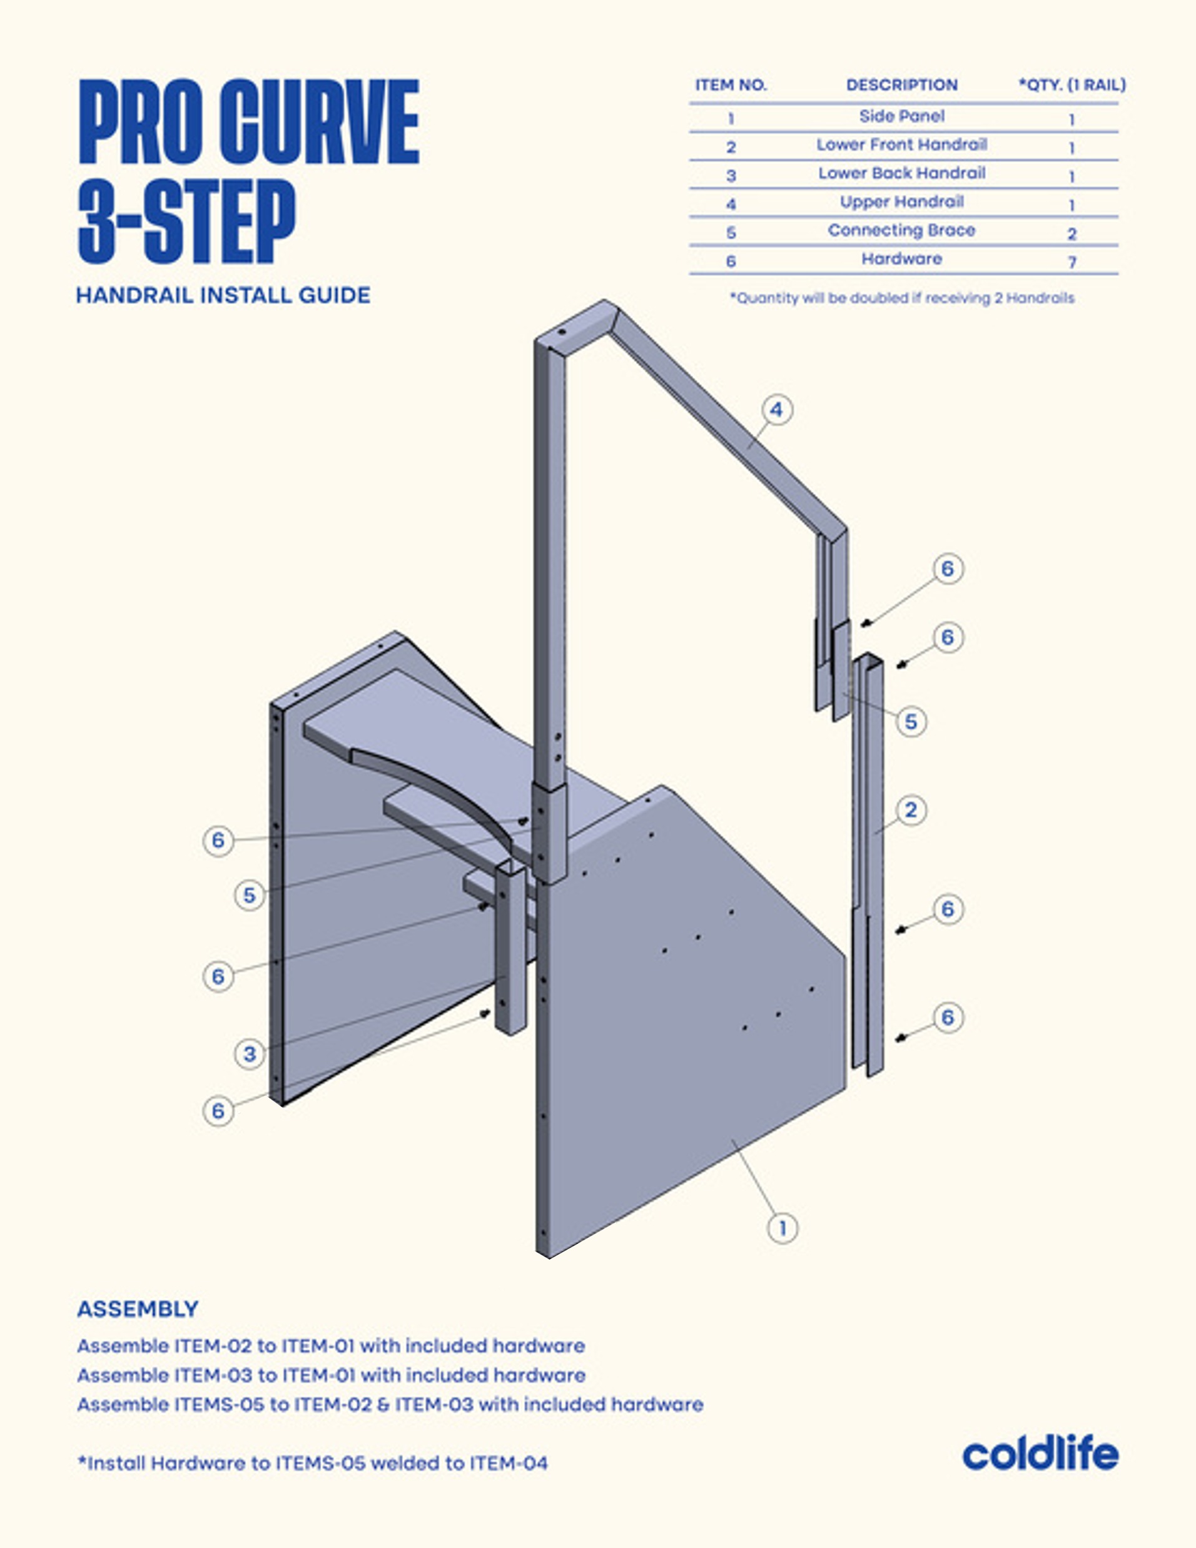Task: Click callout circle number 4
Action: pyautogui.click(x=776, y=410)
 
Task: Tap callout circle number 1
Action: pyautogui.click(x=783, y=1228)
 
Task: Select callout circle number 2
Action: pyautogui.click(x=911, y=810)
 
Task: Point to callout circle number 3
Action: pyautogui.click(x=250, y=1054)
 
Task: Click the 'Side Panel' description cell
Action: pyautogui.click(x=901, y=116)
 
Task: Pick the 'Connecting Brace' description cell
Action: pyautogui.click(x=901, y=230)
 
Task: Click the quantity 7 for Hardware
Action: pyautogui.click(x=1072, y=262)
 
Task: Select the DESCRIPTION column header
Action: pyautogui.click(x=901, y=85)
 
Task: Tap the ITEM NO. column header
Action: pyautogui.click(x=731, y=85)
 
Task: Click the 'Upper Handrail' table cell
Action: pyautogui.click(x=901, y=202)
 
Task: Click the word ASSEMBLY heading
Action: pyautogui.click(x=138, y=1309)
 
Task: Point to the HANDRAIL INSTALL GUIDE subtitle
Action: pyautogui.click(x=223, y=296)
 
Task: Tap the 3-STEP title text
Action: pyautogui.click(x=186, y=221)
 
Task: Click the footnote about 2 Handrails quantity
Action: pyautogui.click(x=902, y=298)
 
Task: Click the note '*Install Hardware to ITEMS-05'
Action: pyautogui.click(x=313, y=1463)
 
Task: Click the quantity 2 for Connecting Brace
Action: pyautogui.click(x=1072, y=234)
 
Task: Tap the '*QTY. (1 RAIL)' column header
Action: pyautogui.click(x=1072, y=85)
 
